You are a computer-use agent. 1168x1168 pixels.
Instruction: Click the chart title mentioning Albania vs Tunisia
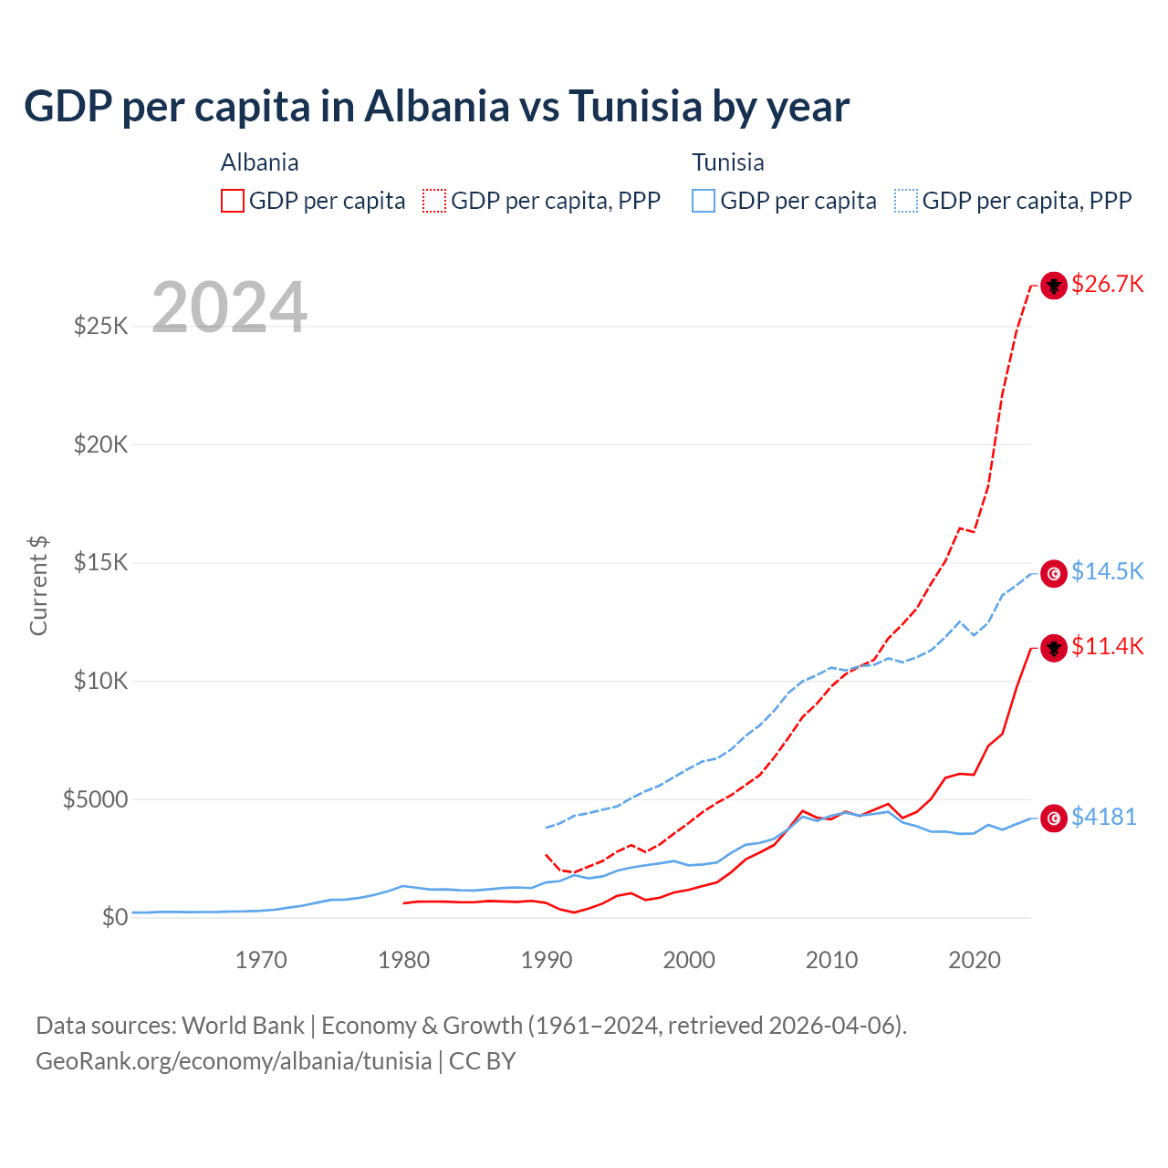(436, 107)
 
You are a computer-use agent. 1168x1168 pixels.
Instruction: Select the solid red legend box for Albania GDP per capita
(233, 201)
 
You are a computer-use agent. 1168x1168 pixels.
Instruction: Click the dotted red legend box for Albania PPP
(434, 201)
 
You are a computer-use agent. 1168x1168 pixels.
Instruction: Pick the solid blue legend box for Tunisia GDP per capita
(704, 201)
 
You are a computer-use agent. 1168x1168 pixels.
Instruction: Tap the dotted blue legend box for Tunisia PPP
(906, 201)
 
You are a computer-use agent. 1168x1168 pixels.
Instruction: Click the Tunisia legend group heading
(727, 162)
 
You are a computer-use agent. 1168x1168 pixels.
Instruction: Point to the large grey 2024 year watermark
(229, 308)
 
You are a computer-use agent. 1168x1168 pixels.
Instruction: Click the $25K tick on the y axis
(100, 326)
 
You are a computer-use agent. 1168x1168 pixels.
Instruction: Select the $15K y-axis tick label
(100, 562)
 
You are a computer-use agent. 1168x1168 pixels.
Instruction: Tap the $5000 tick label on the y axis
(95, 799)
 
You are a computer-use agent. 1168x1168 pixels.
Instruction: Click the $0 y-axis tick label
(114, 917)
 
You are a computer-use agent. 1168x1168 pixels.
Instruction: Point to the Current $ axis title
(38, 586)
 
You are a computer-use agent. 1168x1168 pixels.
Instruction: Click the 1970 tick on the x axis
(261, 960)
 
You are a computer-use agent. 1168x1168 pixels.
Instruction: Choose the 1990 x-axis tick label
(547, 960)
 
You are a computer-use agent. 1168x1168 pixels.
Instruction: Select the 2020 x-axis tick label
(975, 960)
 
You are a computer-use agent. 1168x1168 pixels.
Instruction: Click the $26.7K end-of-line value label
(1107, 284)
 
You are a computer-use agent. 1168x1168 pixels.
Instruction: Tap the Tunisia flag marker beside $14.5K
(1054, 573)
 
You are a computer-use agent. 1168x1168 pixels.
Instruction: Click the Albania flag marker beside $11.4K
(1054, 648)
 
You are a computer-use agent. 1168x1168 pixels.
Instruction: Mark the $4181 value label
(1103, 817)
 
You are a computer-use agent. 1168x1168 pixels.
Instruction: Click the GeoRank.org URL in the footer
(234, 1061)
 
